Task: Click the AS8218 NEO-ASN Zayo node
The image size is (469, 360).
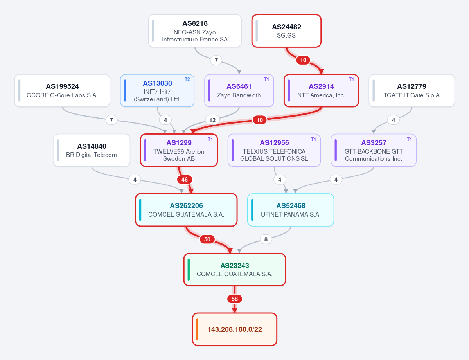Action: coord(195,31)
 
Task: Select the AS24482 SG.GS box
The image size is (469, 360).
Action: coord(287,31)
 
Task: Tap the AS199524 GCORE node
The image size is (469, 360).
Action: coord(62,91)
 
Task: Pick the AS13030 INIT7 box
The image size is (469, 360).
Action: coord(157,91)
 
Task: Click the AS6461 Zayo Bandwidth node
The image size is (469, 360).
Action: coord(239,91)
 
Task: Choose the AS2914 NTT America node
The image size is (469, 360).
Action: coord(321,91)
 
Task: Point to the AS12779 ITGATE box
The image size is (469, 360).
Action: coord(412,91)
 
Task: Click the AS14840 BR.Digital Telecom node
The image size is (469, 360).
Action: coord(92,150)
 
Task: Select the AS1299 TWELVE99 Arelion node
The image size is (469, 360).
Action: coord(179,150)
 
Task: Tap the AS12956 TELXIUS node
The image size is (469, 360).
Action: coord(274,150)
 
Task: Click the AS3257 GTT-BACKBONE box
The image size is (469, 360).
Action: coord(374,150)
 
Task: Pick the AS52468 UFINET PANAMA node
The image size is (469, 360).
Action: coord(291,210)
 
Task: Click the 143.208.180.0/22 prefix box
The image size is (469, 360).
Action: coord(235,329)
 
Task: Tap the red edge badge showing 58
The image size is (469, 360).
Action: coord(235,299)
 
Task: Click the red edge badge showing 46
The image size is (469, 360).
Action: coord(185,180)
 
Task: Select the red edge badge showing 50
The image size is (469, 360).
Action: coord(207,239)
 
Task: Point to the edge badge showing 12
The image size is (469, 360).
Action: coord(212,120)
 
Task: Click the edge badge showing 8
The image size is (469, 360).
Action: coord(266,239)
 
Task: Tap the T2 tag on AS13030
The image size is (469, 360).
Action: coord(187,79)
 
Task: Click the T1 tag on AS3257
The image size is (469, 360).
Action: coord(409,139)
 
